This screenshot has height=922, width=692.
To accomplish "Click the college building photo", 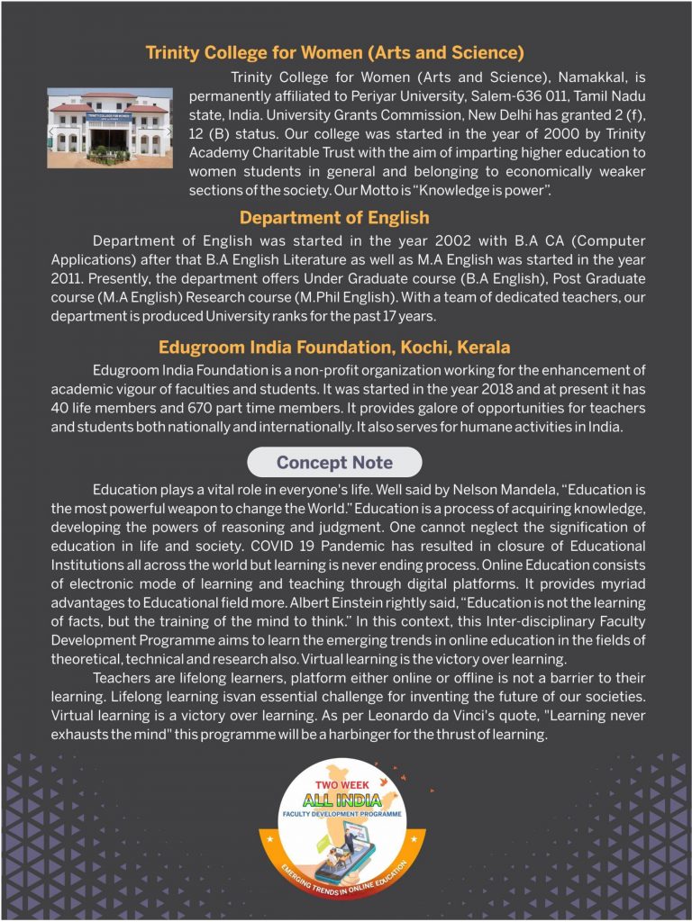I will (x=110, y=127).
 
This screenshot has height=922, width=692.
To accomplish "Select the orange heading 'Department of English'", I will (x=334, y=218).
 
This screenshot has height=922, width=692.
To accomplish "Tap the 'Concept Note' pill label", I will (x=334, y=463).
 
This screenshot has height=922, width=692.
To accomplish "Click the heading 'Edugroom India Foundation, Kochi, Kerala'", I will (x=334, y=348).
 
